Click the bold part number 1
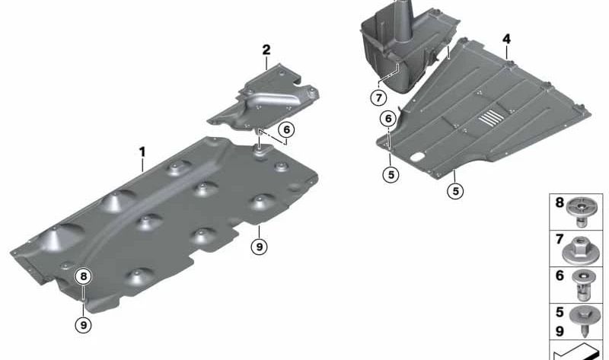pyautogui.click(x=142, y=152)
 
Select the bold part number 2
pyautogui.click(x=266, y=50)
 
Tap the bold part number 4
pyautogui.click(x=506, y=40)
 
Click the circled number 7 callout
pyautogui.click(x=378, y=97)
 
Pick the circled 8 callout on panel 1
pyautogui.click(x=84, y=276)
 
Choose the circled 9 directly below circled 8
pyautogui.click(x=84, y=325)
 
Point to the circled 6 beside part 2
pyautogui.click(x=286, y=129)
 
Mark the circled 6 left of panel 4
pyautogui.click(x=388, y=119)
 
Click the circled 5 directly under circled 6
pyautogui.click(x=391, y=175)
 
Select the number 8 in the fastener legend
pyautogui.click(x=560, y=202)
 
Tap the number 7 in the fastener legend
pyautogui.click(x=560, y=239)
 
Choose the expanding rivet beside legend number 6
pyautogui.click(x=581, y=285)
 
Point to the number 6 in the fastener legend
pyautogui.click(x=560, y=276)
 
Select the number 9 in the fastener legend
pyautogui.click(x=560, y=331)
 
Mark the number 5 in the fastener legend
pyautogui.click(x=560, y=312)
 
